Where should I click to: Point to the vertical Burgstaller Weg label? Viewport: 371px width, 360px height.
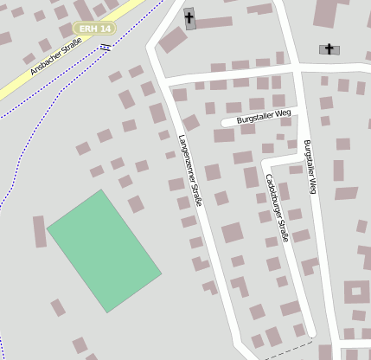tap(310, 168)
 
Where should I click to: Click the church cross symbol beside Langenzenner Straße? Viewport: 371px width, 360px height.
tap(189, 18)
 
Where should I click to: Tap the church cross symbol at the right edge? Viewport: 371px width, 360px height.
tap(329, 49)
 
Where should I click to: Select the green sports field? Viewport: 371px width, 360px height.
tap(104, 250)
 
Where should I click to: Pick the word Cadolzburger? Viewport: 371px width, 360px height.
tap(274, 195)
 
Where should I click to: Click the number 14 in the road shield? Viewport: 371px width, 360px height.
tap(105, 29)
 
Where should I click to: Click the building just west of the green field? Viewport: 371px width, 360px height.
tap(39, 232)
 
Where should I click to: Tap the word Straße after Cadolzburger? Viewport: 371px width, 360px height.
tap(284, 229)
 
